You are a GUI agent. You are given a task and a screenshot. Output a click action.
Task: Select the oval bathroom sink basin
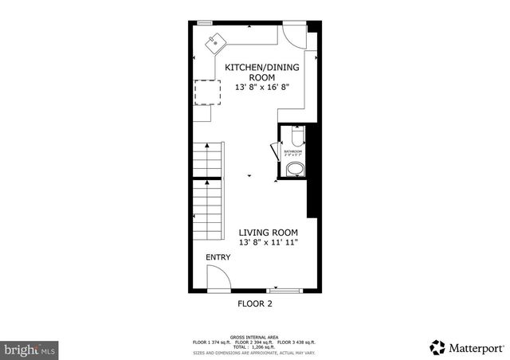294,168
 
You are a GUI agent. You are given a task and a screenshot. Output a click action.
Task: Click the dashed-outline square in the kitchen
207,92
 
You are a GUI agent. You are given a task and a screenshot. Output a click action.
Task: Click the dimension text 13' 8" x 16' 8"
261,87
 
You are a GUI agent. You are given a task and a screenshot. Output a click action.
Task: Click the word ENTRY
218,257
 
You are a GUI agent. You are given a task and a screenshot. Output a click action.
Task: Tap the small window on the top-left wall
205,22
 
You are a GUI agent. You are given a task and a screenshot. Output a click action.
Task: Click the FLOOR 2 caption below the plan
254,303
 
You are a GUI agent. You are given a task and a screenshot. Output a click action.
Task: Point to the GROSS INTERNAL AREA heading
254,337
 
